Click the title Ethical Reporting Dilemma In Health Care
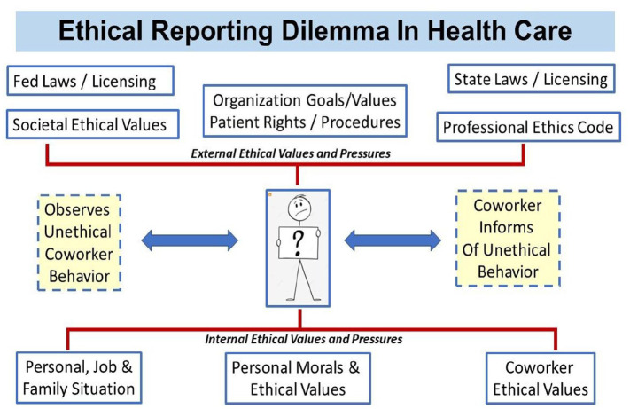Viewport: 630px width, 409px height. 315,31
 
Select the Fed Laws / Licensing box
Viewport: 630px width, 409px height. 84,82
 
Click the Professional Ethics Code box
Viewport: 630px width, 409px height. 528,128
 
